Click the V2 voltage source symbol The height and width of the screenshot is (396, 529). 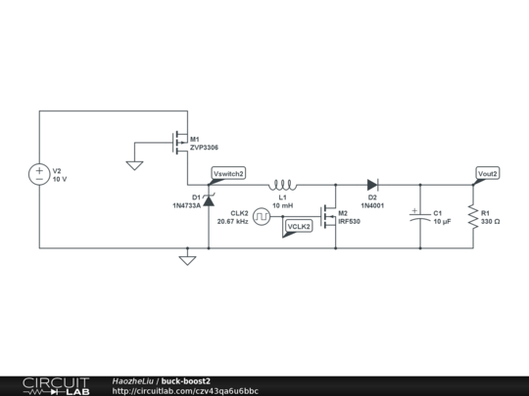[39, 175]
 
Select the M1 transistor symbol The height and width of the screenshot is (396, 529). [179, 144]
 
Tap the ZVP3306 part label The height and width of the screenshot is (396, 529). [204, 149]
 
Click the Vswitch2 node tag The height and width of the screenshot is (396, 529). [228, 173]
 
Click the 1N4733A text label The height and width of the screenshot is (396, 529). [186, 206]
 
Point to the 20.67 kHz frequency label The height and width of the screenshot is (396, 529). [231, 222]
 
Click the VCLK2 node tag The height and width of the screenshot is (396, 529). [298, 227]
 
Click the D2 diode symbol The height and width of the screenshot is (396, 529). [372, 183]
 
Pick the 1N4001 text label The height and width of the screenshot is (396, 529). [373, 206]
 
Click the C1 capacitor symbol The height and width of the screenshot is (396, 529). [419, 216]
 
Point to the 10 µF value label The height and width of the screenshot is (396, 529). [442, 222]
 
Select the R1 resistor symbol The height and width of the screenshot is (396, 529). [472, 216]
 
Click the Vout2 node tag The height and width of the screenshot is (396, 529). [487, 173]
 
